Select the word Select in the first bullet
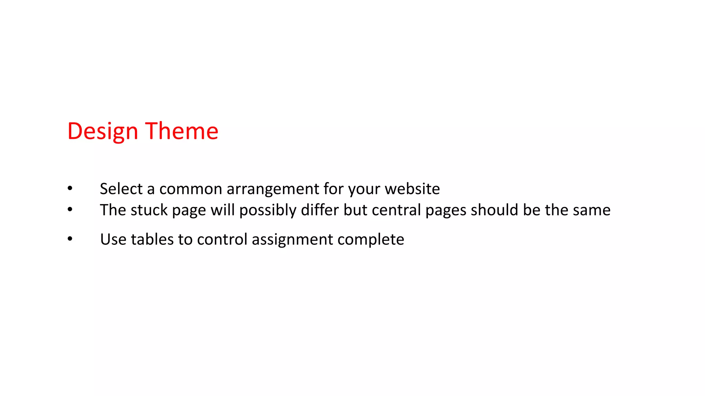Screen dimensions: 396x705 tap(121, 189)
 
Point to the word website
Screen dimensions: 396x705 tap(412, 189)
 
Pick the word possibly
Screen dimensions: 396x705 tap(268, 210)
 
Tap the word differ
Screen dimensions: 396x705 tap(320, 210)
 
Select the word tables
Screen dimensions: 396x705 tap(152, 239)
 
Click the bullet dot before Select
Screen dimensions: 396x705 tap(70, 188)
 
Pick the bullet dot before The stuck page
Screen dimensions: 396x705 tap(70, 209)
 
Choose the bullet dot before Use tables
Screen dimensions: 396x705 tap(70, 239)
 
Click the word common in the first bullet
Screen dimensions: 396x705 tap(191, 189)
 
